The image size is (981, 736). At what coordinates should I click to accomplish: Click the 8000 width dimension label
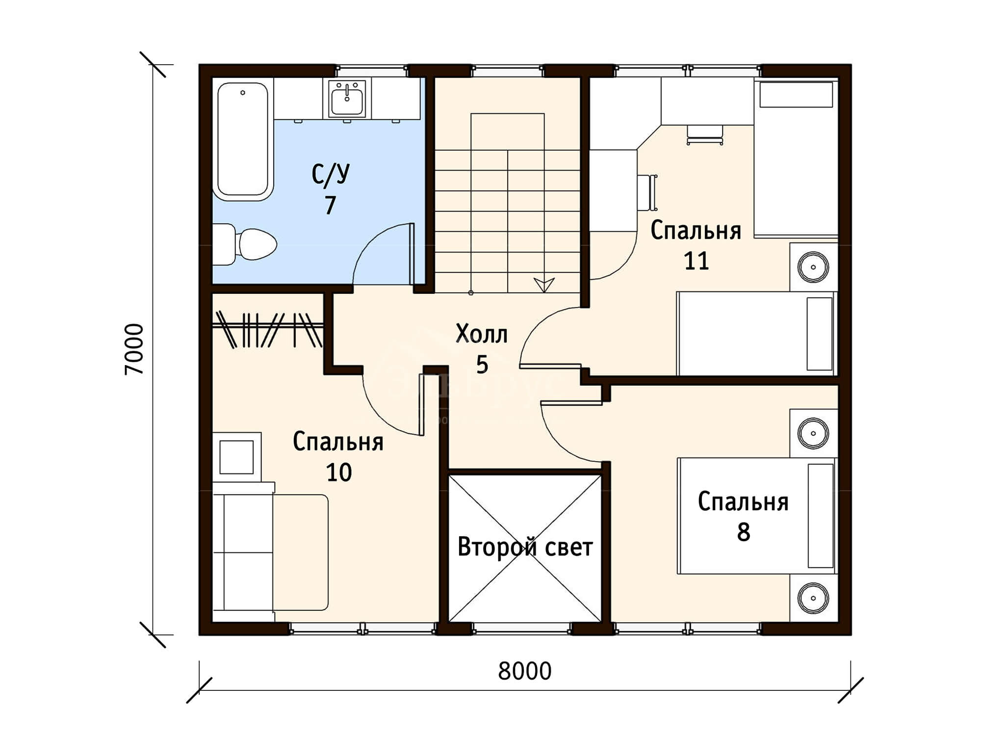524,671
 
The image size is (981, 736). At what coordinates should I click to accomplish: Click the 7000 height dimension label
134,349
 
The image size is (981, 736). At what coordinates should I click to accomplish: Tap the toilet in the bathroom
245,244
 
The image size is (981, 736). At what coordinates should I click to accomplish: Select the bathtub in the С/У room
243,141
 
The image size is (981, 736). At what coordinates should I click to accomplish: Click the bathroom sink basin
347,99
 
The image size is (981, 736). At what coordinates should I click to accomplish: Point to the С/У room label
331,174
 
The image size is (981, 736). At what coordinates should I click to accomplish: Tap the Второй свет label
525,547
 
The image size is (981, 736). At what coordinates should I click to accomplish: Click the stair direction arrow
544,285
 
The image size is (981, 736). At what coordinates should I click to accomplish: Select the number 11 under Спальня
697,261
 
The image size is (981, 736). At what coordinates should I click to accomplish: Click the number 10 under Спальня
339,472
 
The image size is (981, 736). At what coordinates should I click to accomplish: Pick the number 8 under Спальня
744,532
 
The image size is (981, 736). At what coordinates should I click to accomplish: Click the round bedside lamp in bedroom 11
813,267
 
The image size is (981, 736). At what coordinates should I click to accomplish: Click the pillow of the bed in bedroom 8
821,516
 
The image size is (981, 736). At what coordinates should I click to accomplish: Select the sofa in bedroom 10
270,552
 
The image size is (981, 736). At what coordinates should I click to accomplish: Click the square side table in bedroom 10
236,457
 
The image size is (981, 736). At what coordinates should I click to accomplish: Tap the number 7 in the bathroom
331,205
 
